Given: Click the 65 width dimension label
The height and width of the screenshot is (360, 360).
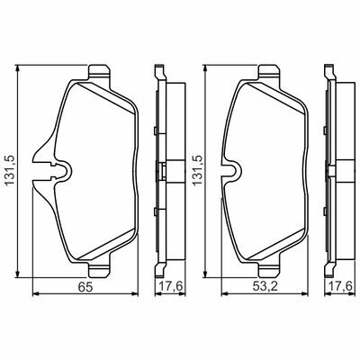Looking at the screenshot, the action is [x=85, y=287].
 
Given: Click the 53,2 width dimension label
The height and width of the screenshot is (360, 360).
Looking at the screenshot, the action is [x=265, y=287].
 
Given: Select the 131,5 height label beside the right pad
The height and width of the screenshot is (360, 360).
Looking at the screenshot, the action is [x=197, y=170].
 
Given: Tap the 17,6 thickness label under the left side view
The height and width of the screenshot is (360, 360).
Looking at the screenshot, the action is [x=170, y=286].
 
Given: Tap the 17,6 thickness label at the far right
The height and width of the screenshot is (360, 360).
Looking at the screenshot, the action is [x=341, y=286].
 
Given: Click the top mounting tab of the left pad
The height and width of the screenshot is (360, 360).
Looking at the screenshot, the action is [x=99, y=73].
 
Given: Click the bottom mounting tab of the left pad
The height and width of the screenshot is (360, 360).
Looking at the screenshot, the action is [x=99, y=268].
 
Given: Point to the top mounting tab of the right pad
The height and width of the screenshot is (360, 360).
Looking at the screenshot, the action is [x=269, y=73].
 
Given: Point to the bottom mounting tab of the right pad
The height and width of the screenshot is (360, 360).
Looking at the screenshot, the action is [x=269, y=268].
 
